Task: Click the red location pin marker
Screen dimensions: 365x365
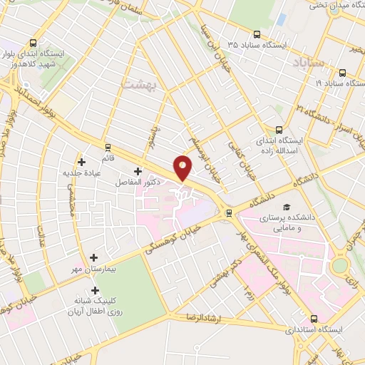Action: (183, 168)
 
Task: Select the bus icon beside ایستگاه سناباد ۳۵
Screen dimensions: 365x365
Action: (257, 33)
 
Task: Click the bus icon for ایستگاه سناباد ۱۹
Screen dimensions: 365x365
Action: (343, 73)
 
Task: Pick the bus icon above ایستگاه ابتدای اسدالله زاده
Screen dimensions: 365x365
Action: (278, 130)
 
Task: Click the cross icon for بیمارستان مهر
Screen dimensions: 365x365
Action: (93, 257)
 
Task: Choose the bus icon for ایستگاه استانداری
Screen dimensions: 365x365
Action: (314, 319)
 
